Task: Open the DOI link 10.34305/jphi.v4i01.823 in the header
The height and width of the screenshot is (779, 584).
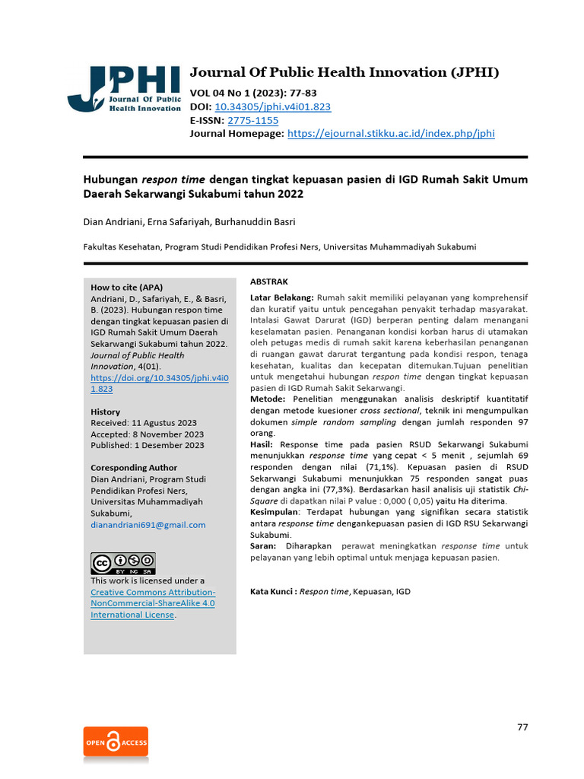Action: [x=273, y=107]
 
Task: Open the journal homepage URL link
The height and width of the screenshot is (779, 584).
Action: [x=391, y=133]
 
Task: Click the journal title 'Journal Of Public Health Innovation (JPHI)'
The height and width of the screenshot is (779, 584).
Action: [x=344, y=73]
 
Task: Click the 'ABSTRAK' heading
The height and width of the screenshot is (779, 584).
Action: [x=268, y=281]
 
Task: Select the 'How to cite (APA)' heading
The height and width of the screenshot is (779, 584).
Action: [x=126, y=288]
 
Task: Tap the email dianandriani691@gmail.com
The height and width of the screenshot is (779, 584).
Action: [x=148, y=525]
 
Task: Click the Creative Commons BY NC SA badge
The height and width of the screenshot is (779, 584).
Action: [x=122, y=563]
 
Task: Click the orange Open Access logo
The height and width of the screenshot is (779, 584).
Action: [x=116, y=742]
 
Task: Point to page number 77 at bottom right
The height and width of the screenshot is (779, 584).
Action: [x=522, y=727]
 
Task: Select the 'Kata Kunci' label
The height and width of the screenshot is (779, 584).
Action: [x=272, y=591]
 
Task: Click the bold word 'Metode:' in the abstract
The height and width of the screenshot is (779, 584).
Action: [x=268, y=399]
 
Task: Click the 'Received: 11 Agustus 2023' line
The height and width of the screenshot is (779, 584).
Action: [x=144, y=423]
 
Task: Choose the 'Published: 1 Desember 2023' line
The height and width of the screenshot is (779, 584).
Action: [x=148, y=446]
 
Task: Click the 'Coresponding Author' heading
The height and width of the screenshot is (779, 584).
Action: [x=134, y=468]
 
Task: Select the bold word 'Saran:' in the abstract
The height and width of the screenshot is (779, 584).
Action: [x=264, y=546]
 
